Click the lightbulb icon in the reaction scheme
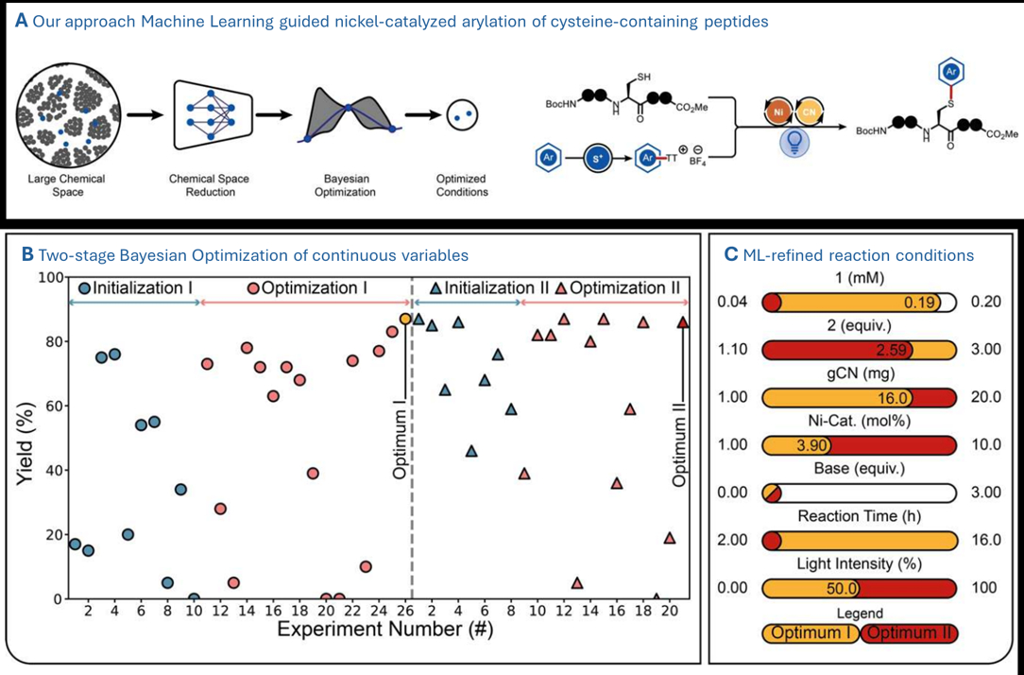point(796,143)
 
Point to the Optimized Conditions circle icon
point(462,115)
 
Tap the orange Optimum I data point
point(405,320)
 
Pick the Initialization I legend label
point(138,288)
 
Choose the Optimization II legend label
point(623,288)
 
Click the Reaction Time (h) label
point(858,516)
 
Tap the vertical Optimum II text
point(678,443)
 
